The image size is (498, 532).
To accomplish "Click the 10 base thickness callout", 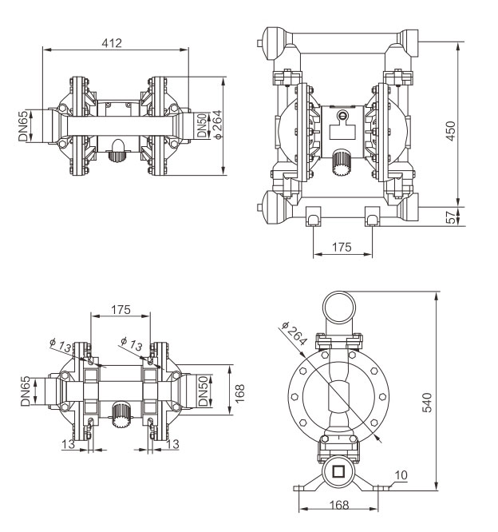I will (401, 474).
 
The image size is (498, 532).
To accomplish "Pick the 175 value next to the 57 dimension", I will (341, 248).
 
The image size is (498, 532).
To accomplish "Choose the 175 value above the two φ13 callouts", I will (121, 308).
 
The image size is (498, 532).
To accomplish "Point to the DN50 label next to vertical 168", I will (204, 391).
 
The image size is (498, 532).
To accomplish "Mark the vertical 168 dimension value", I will (239, 392).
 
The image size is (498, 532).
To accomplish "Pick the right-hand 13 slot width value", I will (172, 443).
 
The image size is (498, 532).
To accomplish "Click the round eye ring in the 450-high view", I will (343, 117).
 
